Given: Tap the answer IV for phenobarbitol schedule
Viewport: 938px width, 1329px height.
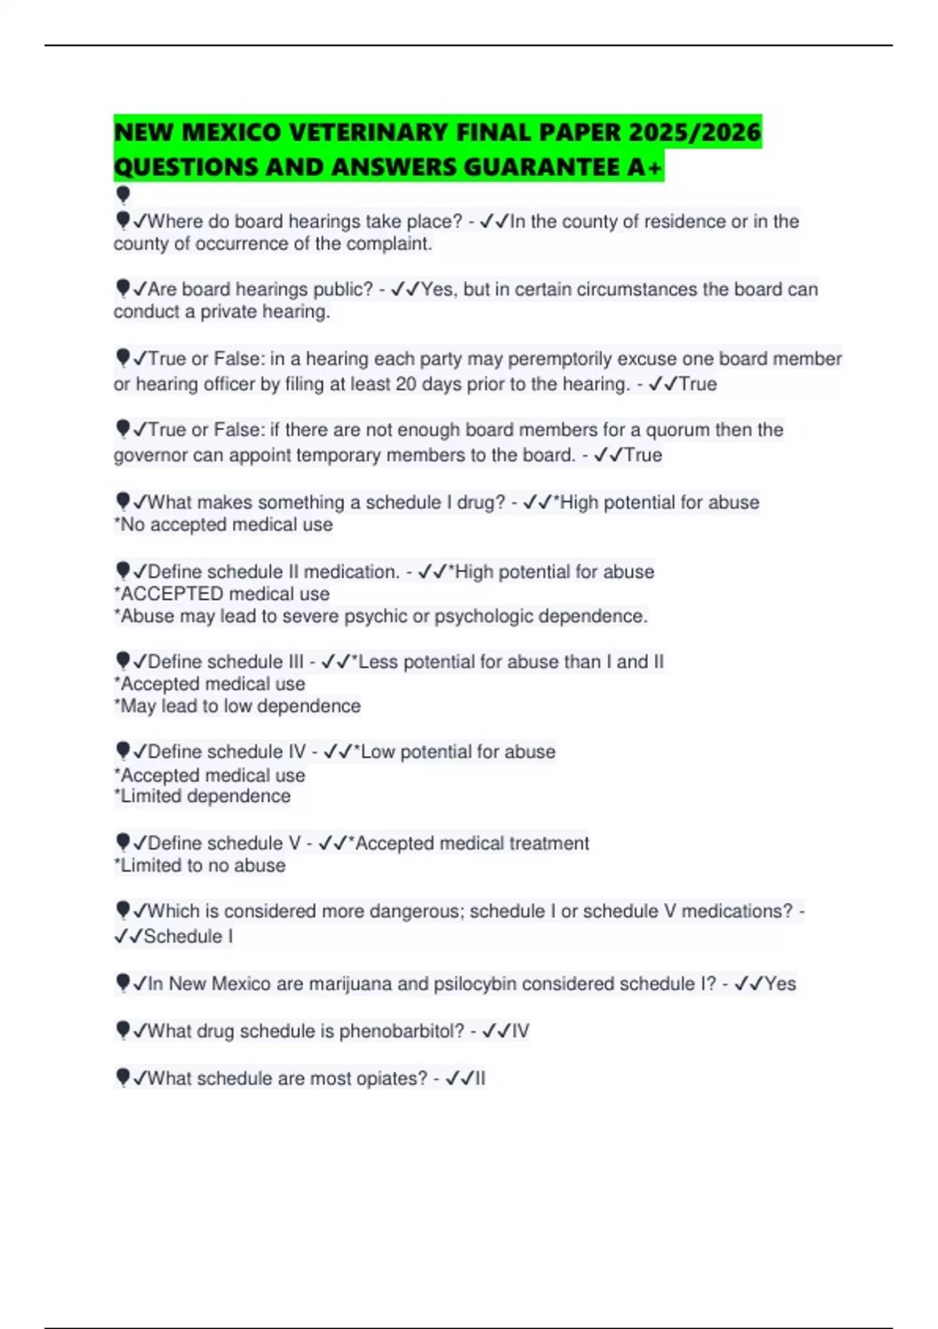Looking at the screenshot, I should click(x=521, y=1031).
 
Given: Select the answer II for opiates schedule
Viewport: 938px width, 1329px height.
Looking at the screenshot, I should click(x=480, y=1078).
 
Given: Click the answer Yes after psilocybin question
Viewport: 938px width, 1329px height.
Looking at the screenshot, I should click(x=780, y=983).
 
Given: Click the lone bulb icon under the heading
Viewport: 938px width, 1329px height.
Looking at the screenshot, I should click(x=123, y=194).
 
